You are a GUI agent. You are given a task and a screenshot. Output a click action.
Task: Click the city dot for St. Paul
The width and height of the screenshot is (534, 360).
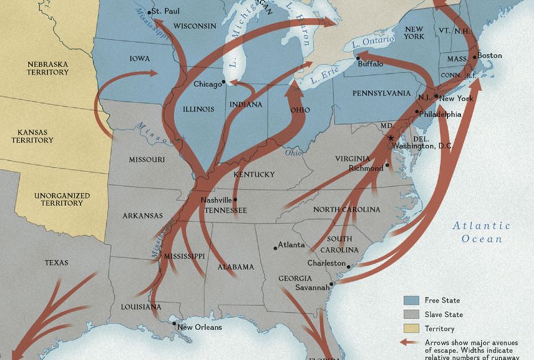coord(150,12)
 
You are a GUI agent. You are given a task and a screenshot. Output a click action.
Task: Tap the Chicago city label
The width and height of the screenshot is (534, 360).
coord(207,84)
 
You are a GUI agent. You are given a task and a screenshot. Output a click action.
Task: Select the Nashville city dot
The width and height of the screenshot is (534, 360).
coord(235,200)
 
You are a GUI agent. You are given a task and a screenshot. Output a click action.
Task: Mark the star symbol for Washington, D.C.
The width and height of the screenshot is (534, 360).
coord(391,137)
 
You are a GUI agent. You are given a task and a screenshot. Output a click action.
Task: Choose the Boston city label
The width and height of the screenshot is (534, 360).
coord(490,55)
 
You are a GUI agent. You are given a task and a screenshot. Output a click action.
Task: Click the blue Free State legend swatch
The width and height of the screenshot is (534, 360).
coord(412,300)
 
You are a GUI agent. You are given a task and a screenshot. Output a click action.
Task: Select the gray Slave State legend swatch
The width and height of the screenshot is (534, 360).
coord(412,314)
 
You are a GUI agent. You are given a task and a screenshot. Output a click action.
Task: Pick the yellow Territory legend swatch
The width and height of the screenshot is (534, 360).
coord(412,328)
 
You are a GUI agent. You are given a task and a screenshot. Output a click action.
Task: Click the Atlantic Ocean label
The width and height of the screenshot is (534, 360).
coord(481,232)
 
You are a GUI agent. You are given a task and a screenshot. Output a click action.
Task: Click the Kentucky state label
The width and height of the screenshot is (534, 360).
coord(254,174)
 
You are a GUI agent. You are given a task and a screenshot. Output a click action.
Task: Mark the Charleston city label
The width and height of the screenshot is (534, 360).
coord(326,263)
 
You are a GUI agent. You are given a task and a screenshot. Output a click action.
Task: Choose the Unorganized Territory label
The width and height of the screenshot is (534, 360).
coord(61,199)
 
